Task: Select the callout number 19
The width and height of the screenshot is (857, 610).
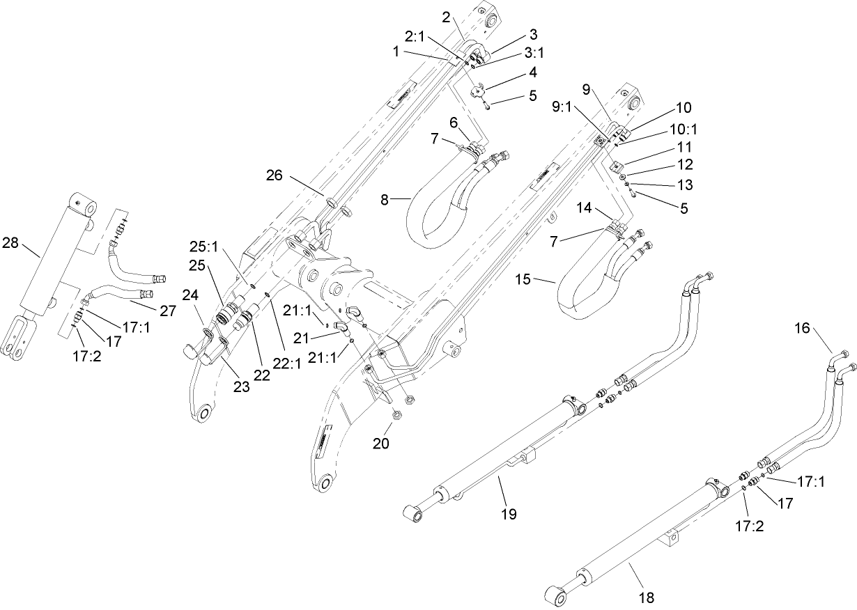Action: coord(509,514)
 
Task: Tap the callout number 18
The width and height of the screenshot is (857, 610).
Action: coord(647,597)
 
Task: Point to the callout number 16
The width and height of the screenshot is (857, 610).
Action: coord(803,327)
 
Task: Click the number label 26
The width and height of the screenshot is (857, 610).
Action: coord(274,175)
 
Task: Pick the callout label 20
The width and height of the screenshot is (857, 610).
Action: coord(380,444)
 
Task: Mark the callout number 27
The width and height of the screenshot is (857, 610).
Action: coord(168,311)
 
